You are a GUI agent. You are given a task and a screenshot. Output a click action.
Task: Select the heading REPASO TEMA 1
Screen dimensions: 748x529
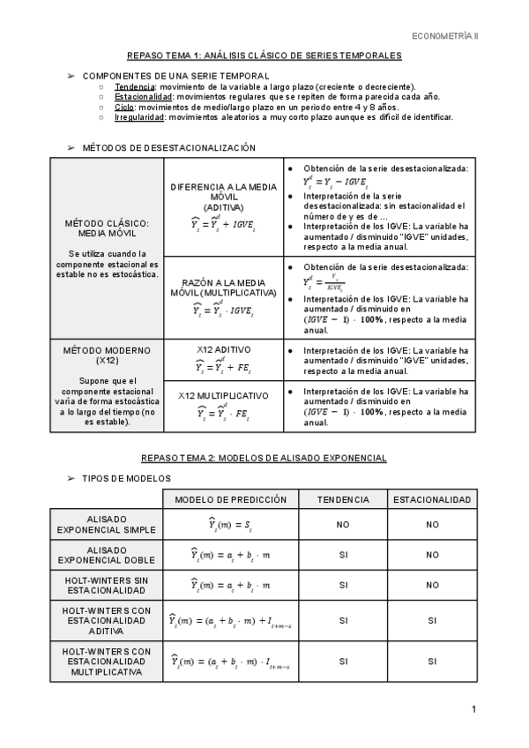click(264, 56)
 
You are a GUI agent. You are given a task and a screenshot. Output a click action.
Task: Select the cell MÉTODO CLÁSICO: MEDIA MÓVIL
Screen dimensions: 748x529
click(107, 229)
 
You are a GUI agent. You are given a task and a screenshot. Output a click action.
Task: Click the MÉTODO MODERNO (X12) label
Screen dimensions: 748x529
click(107, 355)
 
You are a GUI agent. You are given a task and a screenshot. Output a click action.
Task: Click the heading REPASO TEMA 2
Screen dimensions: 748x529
click(264, 459)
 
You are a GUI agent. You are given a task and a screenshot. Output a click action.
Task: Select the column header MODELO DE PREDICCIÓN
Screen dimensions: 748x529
click(231, 499)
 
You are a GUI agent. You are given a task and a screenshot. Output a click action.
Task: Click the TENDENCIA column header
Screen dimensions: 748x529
click(343, 499)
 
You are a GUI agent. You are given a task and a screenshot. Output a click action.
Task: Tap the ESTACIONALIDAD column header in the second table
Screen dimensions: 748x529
click(432, 499)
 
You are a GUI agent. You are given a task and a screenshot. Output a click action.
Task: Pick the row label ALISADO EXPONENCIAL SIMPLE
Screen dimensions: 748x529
click(107, 525)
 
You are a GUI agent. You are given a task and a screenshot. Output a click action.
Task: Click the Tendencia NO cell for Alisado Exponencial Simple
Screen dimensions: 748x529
click(343, 525)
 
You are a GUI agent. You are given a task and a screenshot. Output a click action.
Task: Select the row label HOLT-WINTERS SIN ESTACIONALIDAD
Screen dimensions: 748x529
click(107, 585)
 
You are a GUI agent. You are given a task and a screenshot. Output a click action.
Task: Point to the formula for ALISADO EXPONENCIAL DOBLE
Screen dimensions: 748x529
click(231, 555)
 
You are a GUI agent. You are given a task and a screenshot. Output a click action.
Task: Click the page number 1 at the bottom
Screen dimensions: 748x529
click(473, 709)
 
